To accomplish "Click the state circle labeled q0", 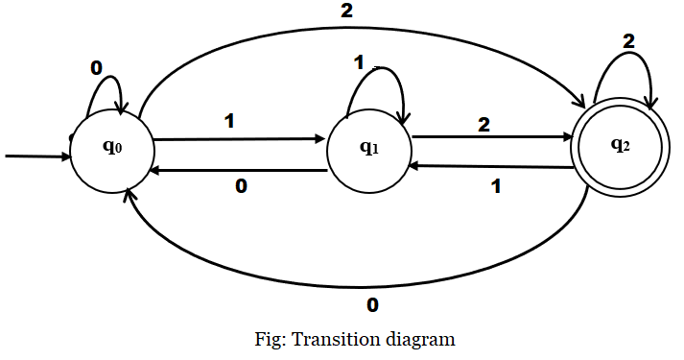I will pos(110,154).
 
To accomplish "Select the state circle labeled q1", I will pos(368,149).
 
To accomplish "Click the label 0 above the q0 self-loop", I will pos(97,69).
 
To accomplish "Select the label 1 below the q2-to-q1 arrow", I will pos(496,185).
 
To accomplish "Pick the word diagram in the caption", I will pos(417,339).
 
